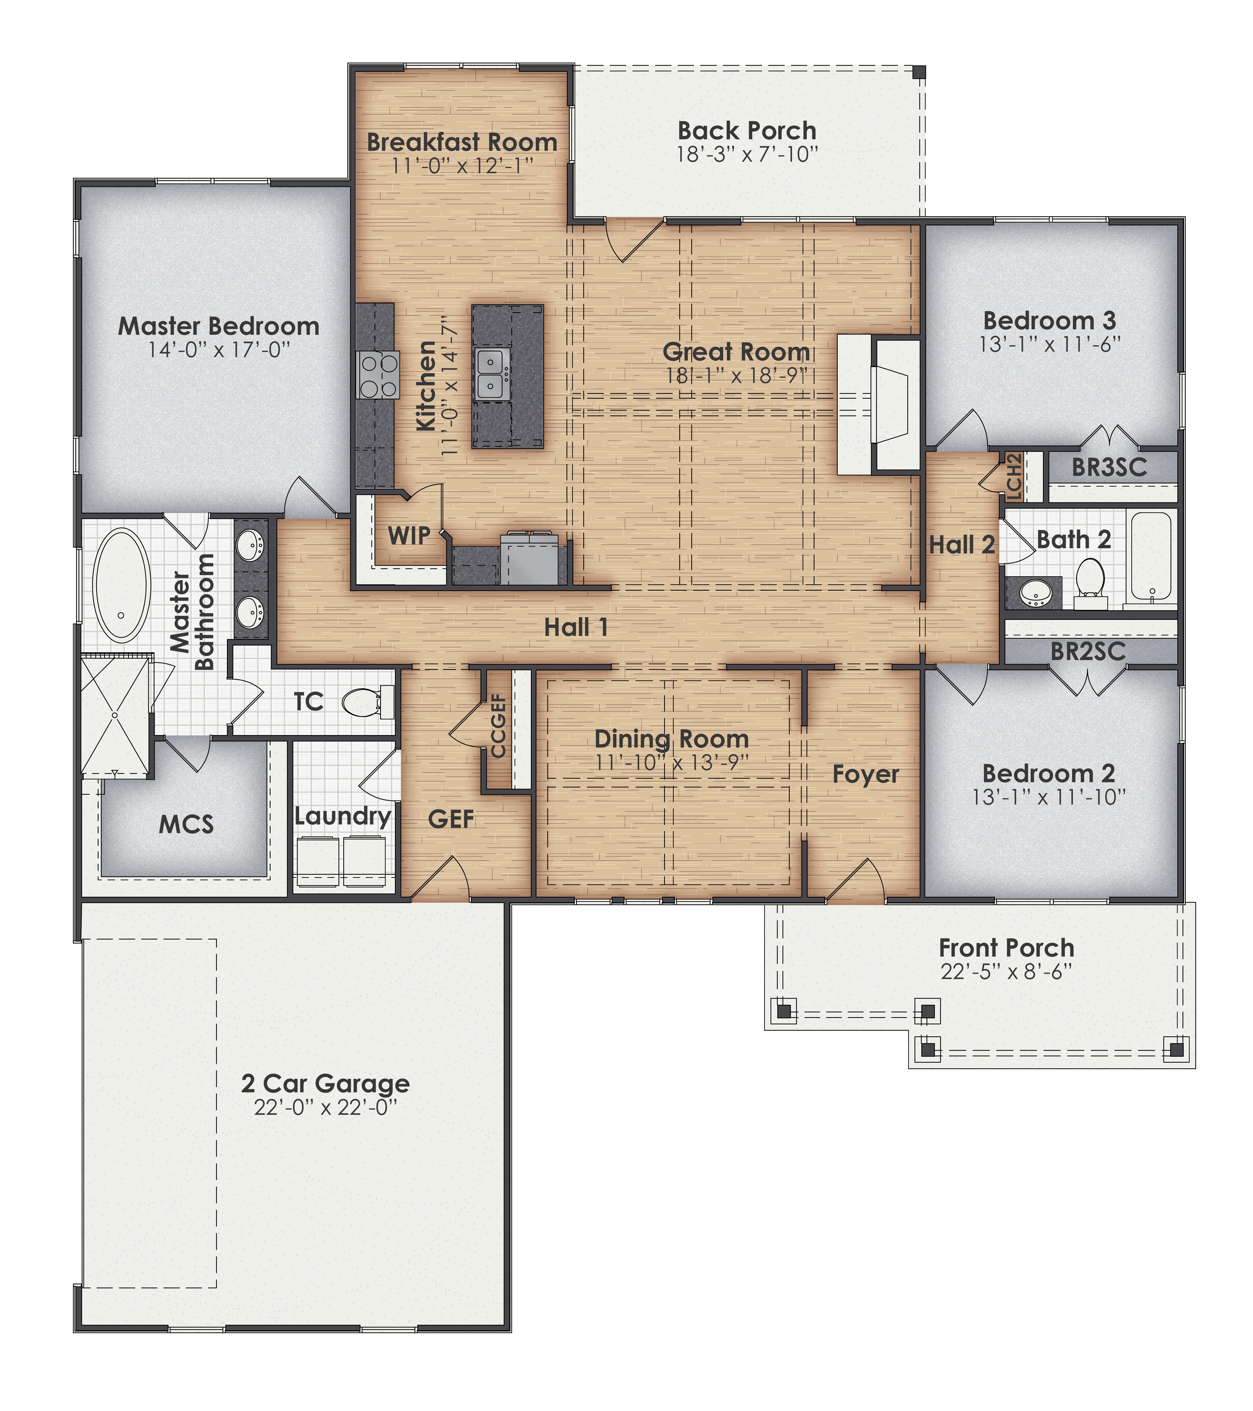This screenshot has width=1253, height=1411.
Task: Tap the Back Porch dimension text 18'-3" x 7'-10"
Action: pos(747,155)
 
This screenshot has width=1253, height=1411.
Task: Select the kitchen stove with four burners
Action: pos(378,375)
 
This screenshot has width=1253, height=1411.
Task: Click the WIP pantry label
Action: pos(409,535)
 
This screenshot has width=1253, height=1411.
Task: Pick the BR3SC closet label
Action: pos(1109,467)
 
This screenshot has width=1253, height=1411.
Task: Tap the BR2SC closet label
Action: pos(1088,651)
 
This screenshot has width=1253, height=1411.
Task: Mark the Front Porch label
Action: pos(1006,948)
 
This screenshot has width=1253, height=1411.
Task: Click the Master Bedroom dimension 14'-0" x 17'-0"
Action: pos(219,350)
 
